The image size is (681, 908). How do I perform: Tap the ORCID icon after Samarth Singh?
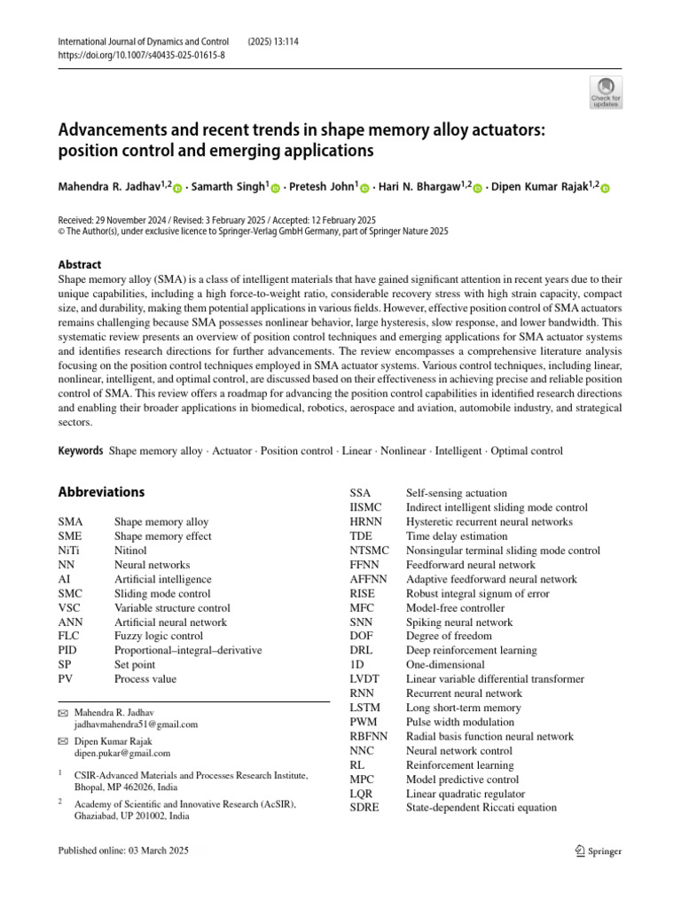click(x=276, y=188)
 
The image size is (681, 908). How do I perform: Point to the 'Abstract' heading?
click(x=79, y=264)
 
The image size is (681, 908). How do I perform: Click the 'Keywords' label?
click(x=81, y=450)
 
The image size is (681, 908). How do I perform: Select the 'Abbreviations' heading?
click(x=101, y=492)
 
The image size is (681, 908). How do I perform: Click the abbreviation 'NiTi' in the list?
click(x=70, y=551)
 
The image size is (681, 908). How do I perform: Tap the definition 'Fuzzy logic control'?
click(x=158, y=636)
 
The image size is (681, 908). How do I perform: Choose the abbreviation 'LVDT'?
click(x=365, y=679)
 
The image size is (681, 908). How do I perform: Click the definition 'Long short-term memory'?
click(x=463, y=708)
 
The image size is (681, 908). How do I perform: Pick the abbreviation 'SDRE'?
click(x=364, y=807)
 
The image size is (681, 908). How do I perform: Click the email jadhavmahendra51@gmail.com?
click(x=136, y=724)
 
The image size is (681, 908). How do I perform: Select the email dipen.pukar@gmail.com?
click(x=121, y=753)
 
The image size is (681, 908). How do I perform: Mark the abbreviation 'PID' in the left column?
click(x=67, y=650)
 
